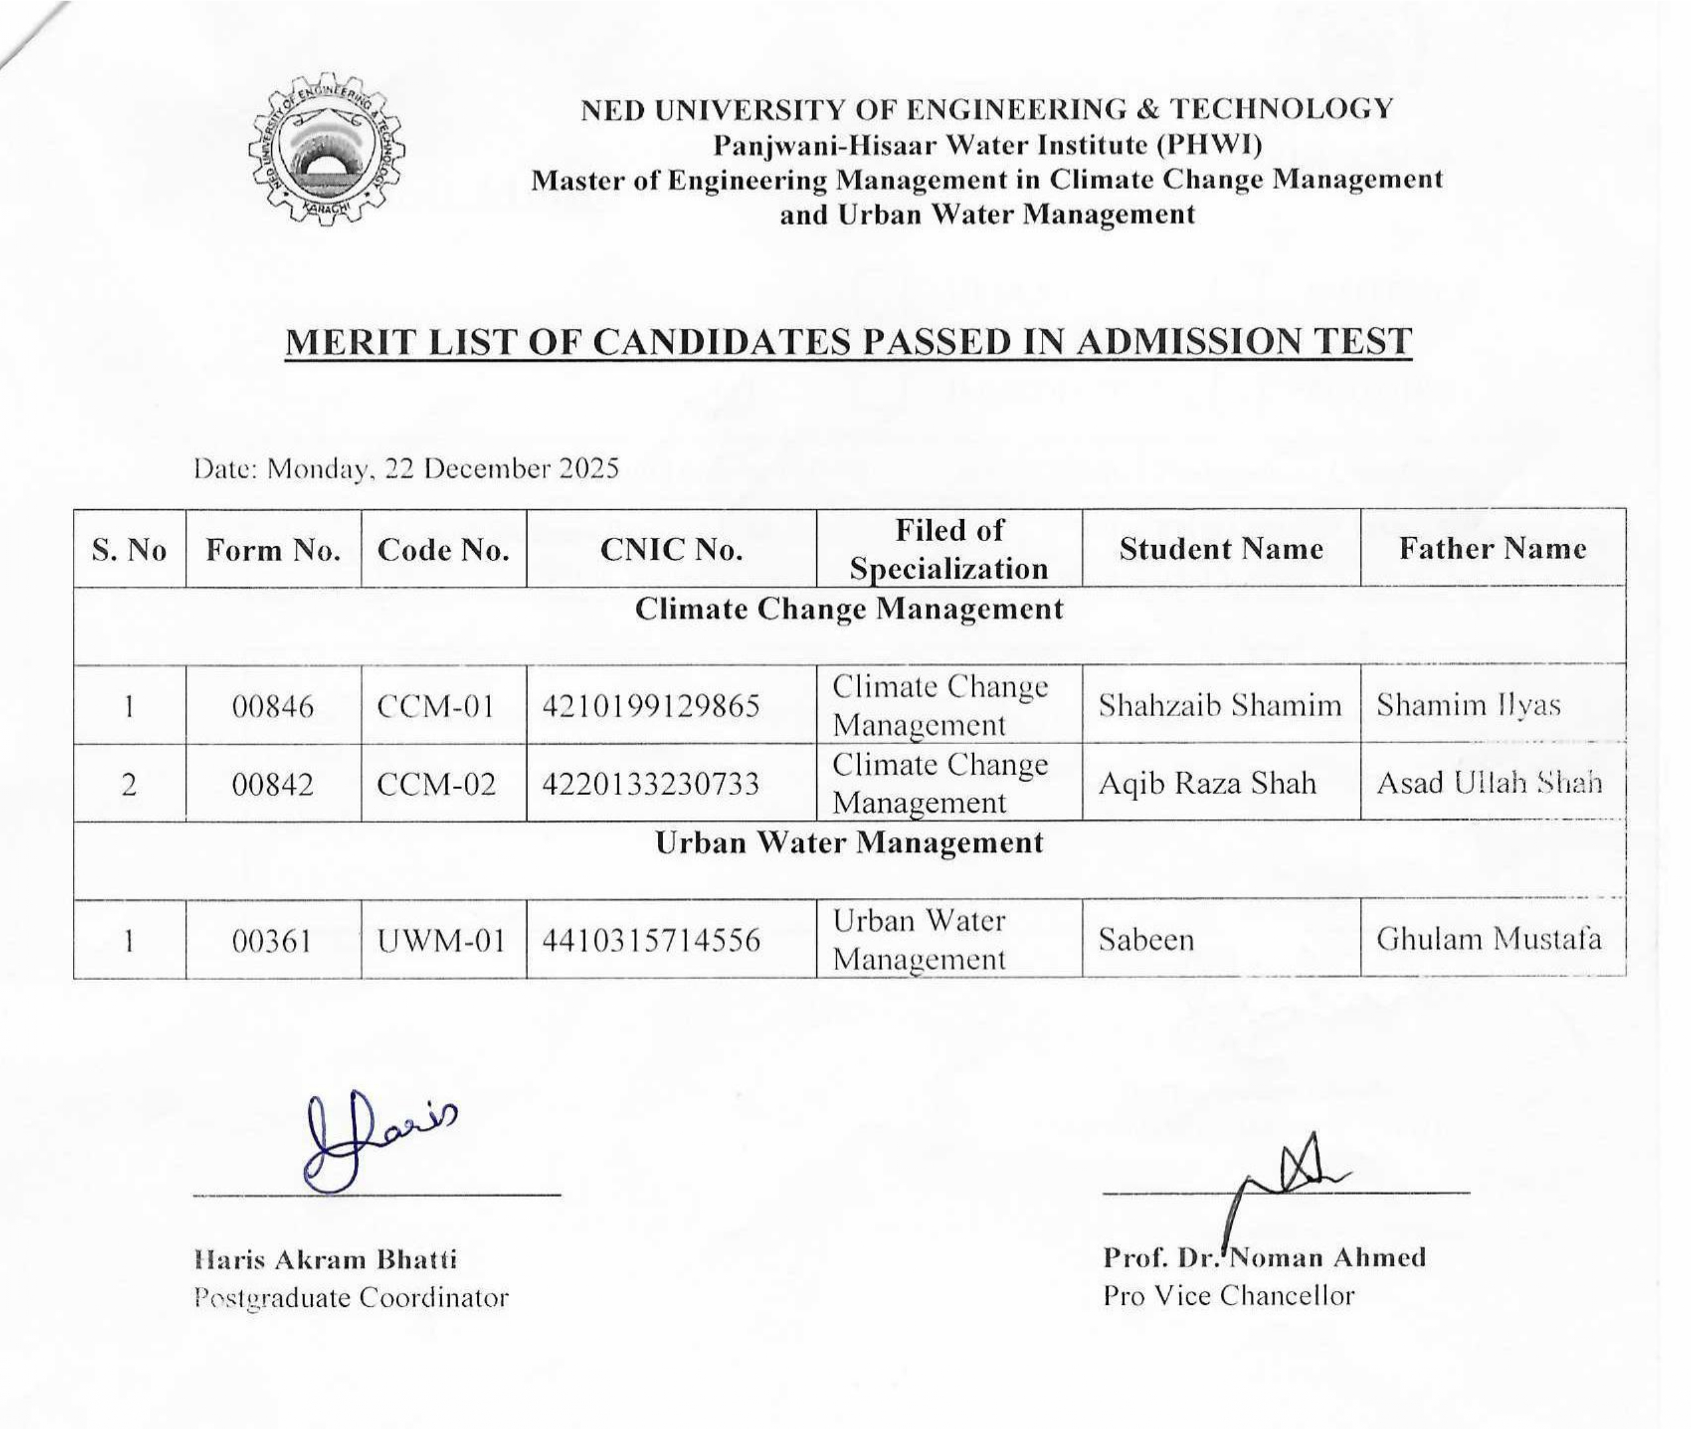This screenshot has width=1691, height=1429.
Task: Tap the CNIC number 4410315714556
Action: (651, 940)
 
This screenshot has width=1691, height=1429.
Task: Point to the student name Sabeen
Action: (1146, 940)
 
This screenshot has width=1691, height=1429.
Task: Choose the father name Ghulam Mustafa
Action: (1489, 939)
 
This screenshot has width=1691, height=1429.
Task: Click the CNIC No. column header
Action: (671, 550)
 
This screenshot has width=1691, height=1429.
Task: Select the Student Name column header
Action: (1221, 549)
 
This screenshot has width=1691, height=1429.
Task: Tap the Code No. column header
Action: (443, 551)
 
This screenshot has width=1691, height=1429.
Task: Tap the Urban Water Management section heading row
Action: (848, 843)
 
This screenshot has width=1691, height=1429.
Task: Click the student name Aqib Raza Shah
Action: (1206, 783)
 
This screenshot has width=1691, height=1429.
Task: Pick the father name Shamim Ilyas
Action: (1468, 705)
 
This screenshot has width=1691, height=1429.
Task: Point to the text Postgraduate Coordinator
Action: (351, 1297)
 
